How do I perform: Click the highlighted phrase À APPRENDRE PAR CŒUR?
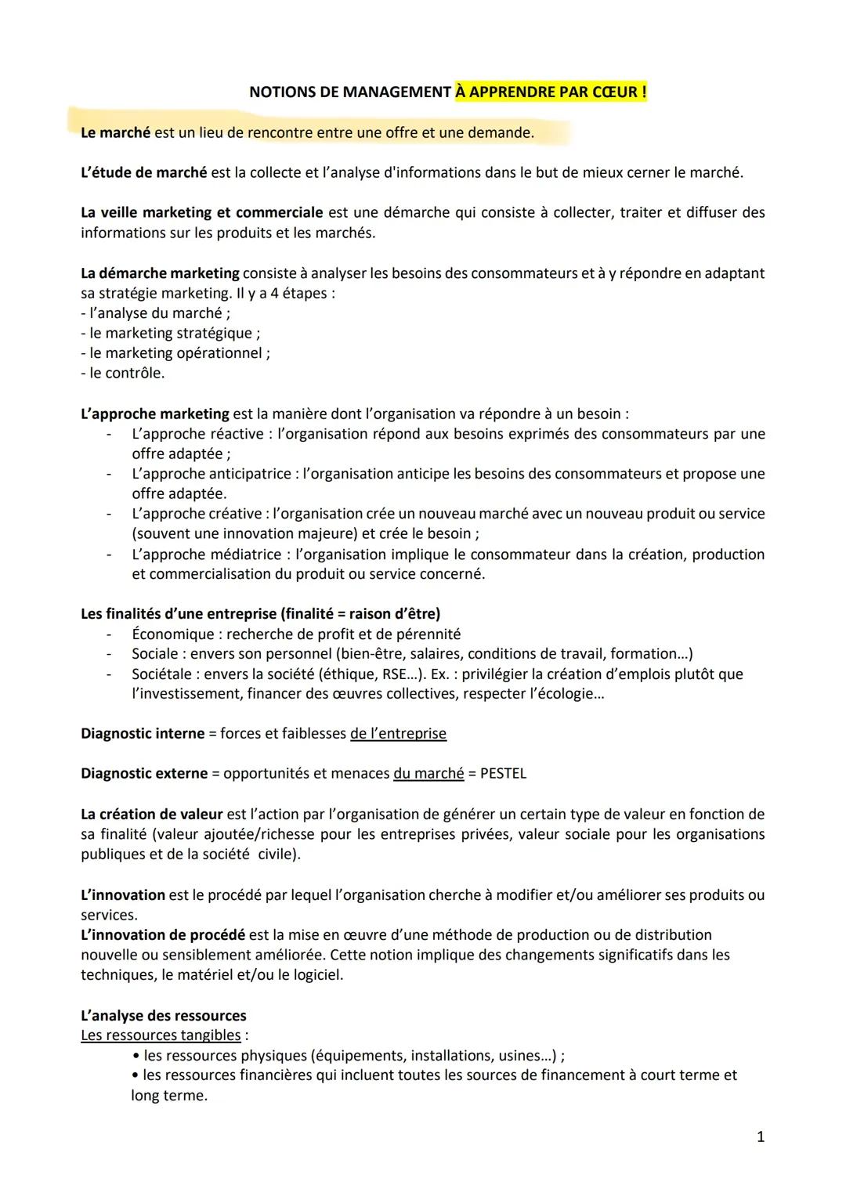point(551,92)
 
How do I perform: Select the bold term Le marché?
point(115,133)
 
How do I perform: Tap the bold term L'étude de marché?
point(144,172)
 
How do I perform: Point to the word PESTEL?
point(503,774)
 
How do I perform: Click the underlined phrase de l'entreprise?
point(398,734)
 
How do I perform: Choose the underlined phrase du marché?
point(428,774)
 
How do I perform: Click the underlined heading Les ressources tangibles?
point(161,1035)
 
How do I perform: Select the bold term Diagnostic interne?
point(142,734)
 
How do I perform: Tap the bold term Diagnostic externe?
point(143,774)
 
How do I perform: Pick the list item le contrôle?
point(123,373)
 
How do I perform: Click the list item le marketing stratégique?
point(170,333)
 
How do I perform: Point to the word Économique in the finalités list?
point(172,634)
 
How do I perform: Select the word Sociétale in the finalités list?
point(162,674)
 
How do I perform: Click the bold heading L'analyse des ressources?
point(163,1016)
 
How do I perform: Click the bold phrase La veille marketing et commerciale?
point(201,212)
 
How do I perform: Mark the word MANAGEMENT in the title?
point(385,92)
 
